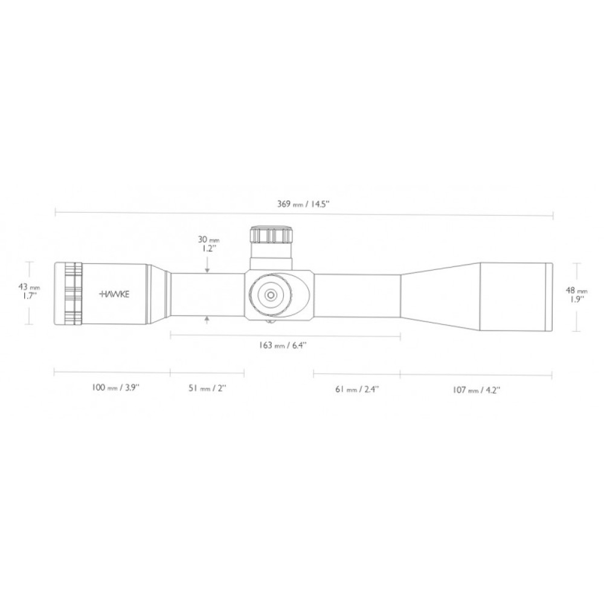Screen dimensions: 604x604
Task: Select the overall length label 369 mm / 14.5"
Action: pos(304,204)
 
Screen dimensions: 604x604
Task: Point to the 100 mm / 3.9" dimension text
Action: pos(116,388)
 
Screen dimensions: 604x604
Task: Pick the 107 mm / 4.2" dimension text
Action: pos(477,390)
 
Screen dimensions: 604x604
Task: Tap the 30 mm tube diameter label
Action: pos(207,239)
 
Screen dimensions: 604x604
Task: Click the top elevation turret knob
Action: pos(271,234)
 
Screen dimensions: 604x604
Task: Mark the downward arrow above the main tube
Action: pos(207,268)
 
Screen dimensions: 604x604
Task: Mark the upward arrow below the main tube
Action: pos(207,319)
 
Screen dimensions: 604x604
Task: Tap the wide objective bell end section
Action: pos(516,296)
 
